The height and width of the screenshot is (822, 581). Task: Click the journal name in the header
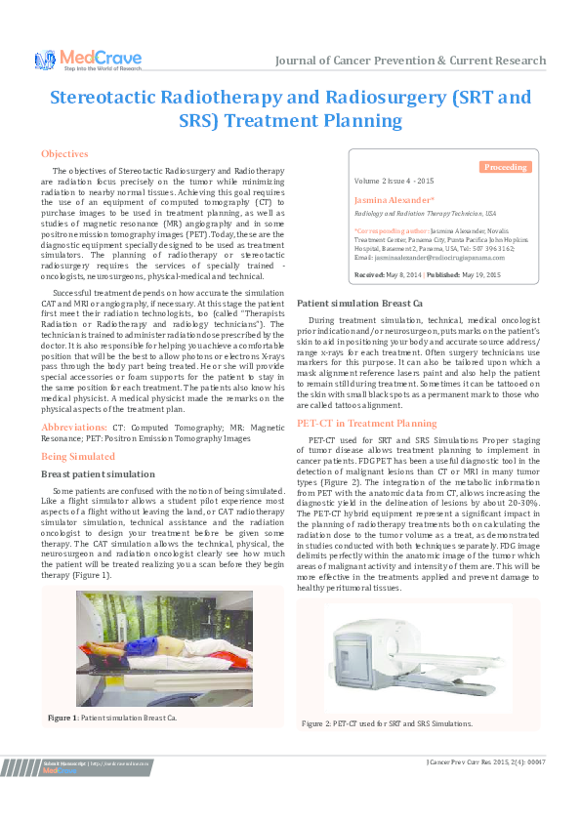(x=410, y=60)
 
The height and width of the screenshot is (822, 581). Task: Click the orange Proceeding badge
(x=506, y=168)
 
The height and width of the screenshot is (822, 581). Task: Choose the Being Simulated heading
(x=78, y=456)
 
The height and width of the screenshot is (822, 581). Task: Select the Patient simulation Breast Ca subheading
(x=359, y=304)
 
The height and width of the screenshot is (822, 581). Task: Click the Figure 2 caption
(x=387, y=723)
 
